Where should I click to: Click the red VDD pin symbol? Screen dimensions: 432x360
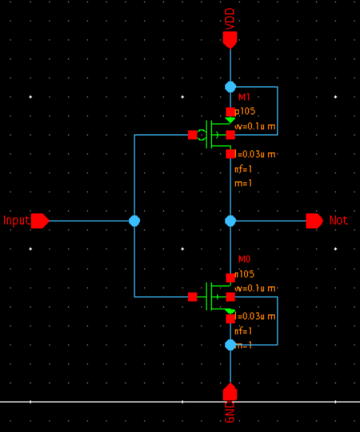point(230,39)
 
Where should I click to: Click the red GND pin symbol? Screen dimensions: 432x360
point(230,392)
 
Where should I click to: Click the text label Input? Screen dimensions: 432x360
point(16,221)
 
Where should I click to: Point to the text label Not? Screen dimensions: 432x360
point(338,221)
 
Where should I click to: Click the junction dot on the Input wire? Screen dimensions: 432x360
point(134,221)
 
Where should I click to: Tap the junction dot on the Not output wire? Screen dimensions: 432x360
point(230,221)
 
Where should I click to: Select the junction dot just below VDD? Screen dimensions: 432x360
point(230,86)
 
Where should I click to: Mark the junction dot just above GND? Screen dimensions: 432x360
point(230,345)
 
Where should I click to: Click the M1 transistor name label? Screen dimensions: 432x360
point(244,98)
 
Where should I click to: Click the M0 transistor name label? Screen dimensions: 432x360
point(244,259)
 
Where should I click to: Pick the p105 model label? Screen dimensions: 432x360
point(244,112)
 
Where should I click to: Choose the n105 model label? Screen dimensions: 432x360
point(244,274)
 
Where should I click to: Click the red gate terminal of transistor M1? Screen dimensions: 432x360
point(192,135)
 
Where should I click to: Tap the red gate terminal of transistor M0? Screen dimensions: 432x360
point(192,297)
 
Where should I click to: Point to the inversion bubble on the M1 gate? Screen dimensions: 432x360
point(202,135)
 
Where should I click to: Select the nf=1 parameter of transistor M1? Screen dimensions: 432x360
point(243,169)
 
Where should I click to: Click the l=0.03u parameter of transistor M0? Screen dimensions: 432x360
point(255,317)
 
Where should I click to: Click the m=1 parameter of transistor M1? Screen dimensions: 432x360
point(243,183)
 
